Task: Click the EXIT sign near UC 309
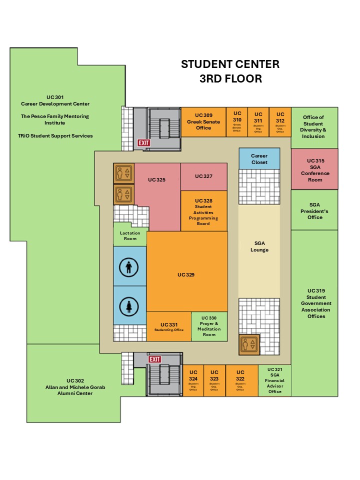(144, 143)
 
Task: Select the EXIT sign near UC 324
(155, 359)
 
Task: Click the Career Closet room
(259, 158)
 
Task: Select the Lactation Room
(130, 235)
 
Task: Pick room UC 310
(237, 121)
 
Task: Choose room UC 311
(258, 121)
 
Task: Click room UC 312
(280, 121)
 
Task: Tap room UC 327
(204, 176)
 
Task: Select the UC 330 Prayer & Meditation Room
(209, 326)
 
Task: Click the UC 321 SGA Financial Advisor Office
(274, 380)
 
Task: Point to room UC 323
(214, 380)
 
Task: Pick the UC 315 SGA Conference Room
(315, 169)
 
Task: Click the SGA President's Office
(315, 210)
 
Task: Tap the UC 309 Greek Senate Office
(203, 121)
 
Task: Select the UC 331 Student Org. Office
(168, 326)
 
